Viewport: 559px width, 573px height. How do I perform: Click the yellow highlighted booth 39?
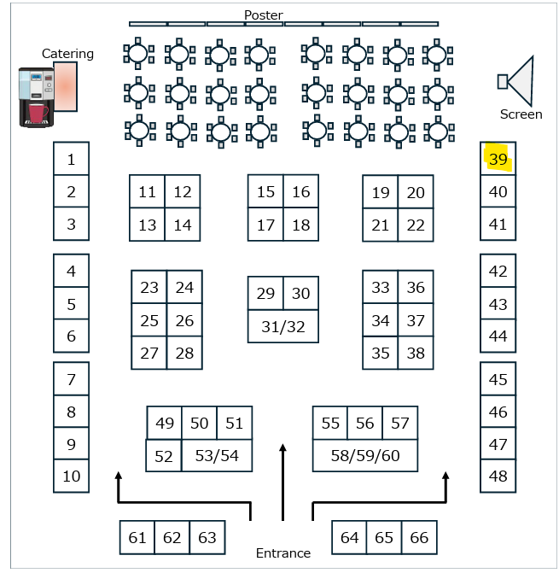tap(498, 159)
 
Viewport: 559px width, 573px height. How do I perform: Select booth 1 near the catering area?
tap(72, 159)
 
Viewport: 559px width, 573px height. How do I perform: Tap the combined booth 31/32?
tap(283, 326)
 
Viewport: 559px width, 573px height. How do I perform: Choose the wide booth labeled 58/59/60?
tap(365, 456)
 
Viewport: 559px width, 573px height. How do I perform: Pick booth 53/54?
tap(217, 456)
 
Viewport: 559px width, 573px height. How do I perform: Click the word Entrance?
tap(283, 553)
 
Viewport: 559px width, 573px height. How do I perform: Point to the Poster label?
tap(264, 15)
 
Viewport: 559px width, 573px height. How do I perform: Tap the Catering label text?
tap(68, 54)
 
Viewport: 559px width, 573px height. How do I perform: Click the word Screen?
tap(521, 114)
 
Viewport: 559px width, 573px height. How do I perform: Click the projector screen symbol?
tap(517, 81)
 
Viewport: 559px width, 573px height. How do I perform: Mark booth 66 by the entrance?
tap(419, 538)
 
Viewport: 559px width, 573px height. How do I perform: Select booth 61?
tap(137, 538)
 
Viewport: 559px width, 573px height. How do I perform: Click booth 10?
tap(72, 477)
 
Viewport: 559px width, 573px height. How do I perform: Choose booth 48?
tap(498, 477)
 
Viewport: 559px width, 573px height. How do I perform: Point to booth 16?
tap(301, 192)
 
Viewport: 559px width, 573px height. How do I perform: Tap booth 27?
tap(149, 353)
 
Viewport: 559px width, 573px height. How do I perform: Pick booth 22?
tap(416, 225)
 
